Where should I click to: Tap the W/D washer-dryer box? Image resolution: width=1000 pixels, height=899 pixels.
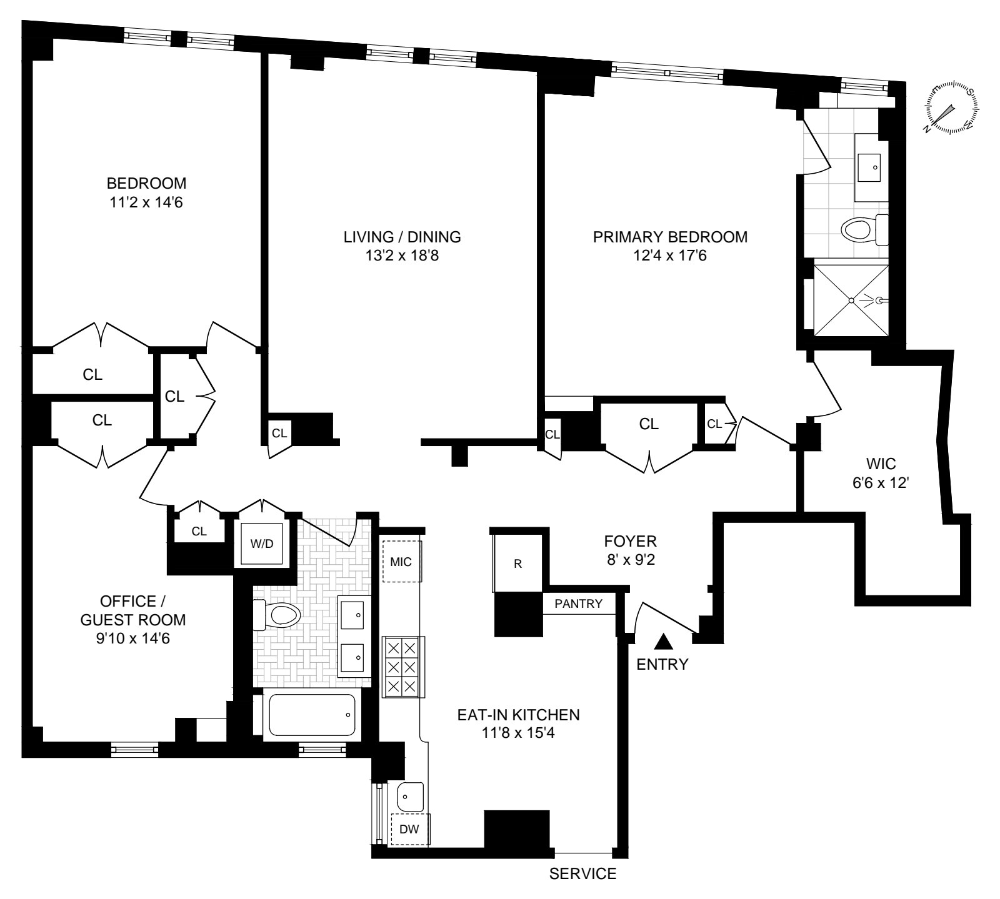pos(262,544)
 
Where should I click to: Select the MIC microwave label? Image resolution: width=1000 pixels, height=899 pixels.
pos(401,562)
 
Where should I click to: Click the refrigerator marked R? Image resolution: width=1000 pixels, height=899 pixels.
pos(517,564)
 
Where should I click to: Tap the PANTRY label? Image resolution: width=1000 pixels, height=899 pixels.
pos(579,604)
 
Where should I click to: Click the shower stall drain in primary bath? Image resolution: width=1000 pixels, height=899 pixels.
pos(851,300)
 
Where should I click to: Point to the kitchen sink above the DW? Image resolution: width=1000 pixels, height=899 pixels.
pos(411,797)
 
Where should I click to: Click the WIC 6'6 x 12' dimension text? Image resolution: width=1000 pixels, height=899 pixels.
pos(881,484)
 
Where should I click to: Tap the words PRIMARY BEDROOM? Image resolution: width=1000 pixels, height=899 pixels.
pos(670,237)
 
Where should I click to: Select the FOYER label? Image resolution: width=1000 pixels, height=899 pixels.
pos(630,541)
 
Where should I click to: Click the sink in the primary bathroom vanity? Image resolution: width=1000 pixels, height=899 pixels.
pos(871,166)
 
